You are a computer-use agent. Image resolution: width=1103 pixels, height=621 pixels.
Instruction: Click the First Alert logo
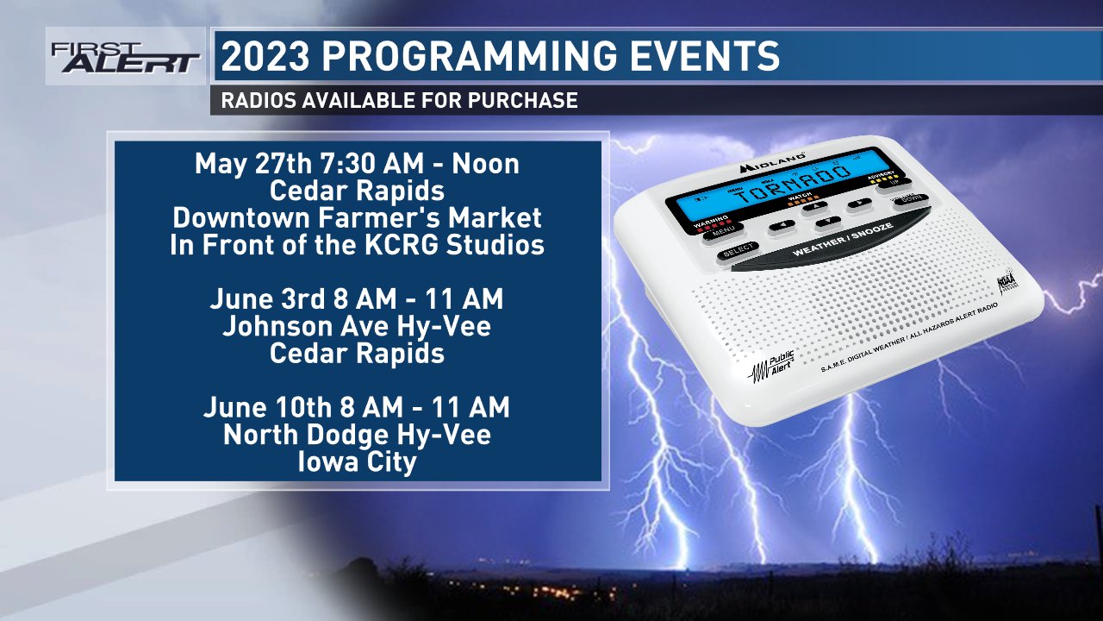tap(125, 57)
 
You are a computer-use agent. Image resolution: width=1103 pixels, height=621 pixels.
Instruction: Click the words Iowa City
tap(357, 461)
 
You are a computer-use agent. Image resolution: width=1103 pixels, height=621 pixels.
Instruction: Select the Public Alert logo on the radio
tap(772, 367)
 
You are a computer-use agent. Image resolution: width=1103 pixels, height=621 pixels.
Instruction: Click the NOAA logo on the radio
tap(1007, 283)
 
